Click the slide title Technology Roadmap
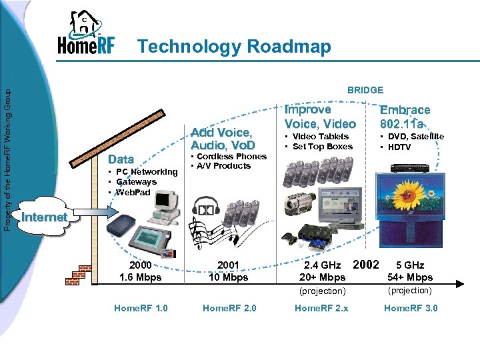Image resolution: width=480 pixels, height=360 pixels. pos(233,47)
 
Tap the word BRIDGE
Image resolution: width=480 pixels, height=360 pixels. pos(365,89)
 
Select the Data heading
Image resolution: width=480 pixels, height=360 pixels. pos(121,159)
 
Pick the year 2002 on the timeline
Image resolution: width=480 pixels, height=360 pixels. pos(365,264)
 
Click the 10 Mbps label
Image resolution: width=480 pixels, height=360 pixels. pos(228,277)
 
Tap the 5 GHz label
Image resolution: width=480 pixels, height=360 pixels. pos(410,265)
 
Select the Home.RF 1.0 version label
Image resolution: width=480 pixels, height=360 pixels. pos(141,308)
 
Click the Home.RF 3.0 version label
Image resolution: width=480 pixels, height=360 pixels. pos(411,308)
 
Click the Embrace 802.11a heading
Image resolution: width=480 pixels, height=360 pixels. pos(405,116)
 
